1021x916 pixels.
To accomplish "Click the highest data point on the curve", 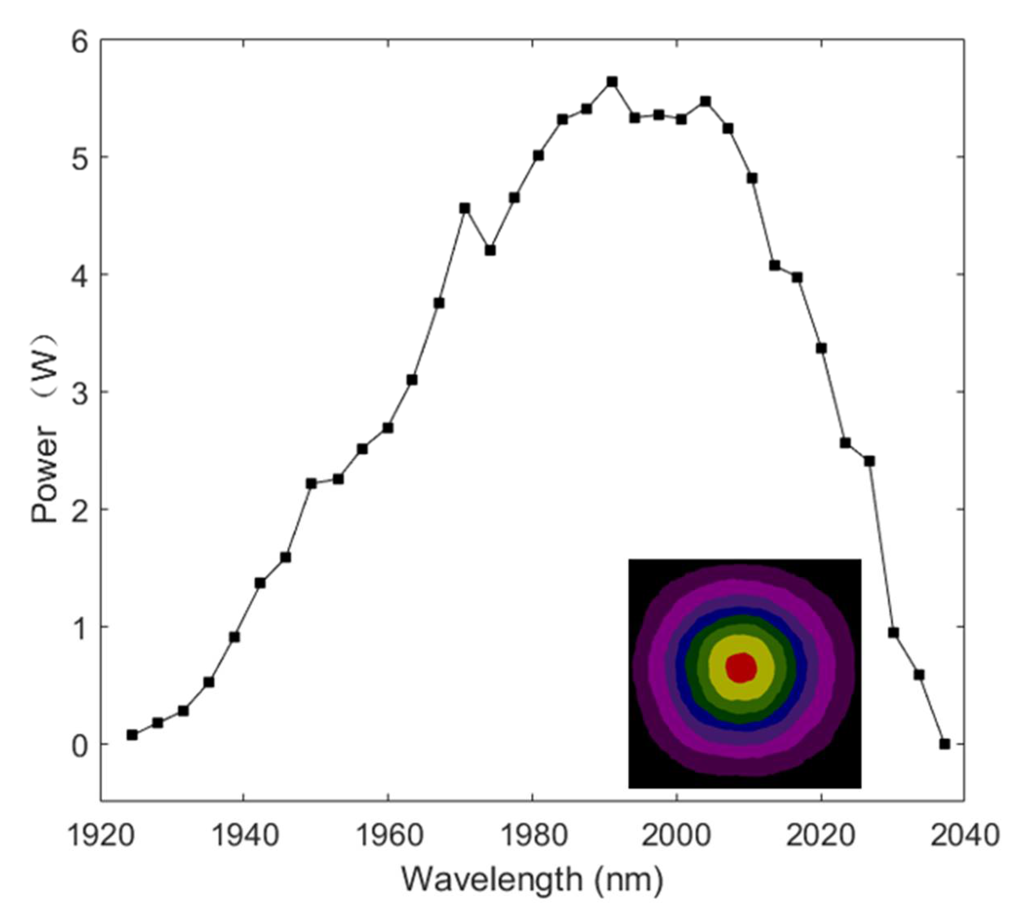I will (x=612, y=81).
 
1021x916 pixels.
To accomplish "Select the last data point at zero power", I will (x=944, y=744).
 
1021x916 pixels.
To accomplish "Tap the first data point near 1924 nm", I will (x=132, y=735).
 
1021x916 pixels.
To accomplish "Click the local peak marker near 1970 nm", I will (x=465, y=208).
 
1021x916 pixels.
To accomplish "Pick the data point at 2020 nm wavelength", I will (x=821, y=348).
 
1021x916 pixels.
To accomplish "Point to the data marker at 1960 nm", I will (x=387, y=428).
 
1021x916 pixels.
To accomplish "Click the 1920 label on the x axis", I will (x=101, y=835).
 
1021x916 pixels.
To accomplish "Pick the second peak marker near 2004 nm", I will (x=705, y=101).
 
